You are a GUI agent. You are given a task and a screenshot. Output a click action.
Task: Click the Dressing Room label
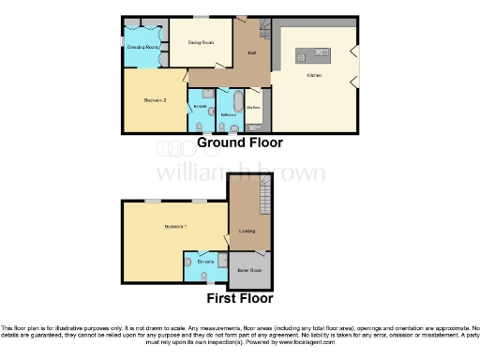[142, 45]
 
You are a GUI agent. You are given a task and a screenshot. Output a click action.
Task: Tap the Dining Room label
[197, 42]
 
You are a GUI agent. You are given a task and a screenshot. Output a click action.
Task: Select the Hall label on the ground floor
[251, 52]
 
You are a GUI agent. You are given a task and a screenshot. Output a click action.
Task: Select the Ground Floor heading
[239, 143]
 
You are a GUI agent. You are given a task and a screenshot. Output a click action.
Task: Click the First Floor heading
[240, 299]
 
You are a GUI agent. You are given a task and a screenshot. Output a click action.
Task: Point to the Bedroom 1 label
[175, 227]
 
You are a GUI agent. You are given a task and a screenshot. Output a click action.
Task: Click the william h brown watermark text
[240, 172]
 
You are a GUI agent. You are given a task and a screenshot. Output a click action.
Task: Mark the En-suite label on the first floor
[205, 260]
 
